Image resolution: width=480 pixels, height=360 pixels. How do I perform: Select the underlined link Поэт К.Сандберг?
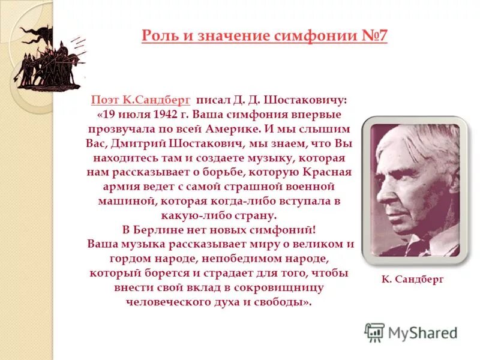(x=141, y=100)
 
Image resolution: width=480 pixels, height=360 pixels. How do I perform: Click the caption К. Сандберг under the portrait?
(x=412, y=280)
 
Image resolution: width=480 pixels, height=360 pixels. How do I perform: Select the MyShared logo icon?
(x=374, y=332)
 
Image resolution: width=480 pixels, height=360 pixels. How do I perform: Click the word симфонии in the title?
(x=316, y=36)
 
